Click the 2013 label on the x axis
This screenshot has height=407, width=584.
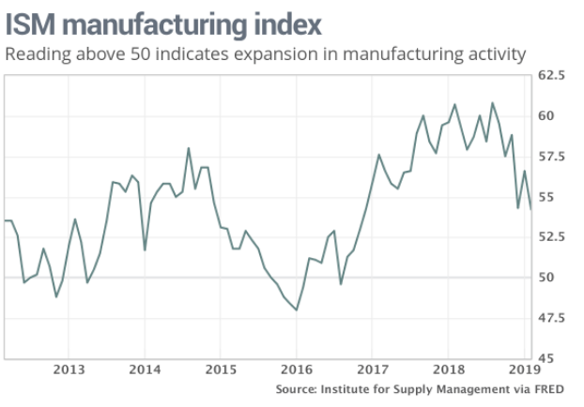[x=69, y=369]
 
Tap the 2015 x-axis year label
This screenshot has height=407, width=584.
[x=221, y=369]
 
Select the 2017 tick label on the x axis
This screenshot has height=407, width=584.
[x=373, y=369]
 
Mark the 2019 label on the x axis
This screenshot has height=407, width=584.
[x=524, y=369]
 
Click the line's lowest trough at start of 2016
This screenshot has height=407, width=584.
[x=297, y=309]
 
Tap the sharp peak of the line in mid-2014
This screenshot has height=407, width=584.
[x=189, y=148]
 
